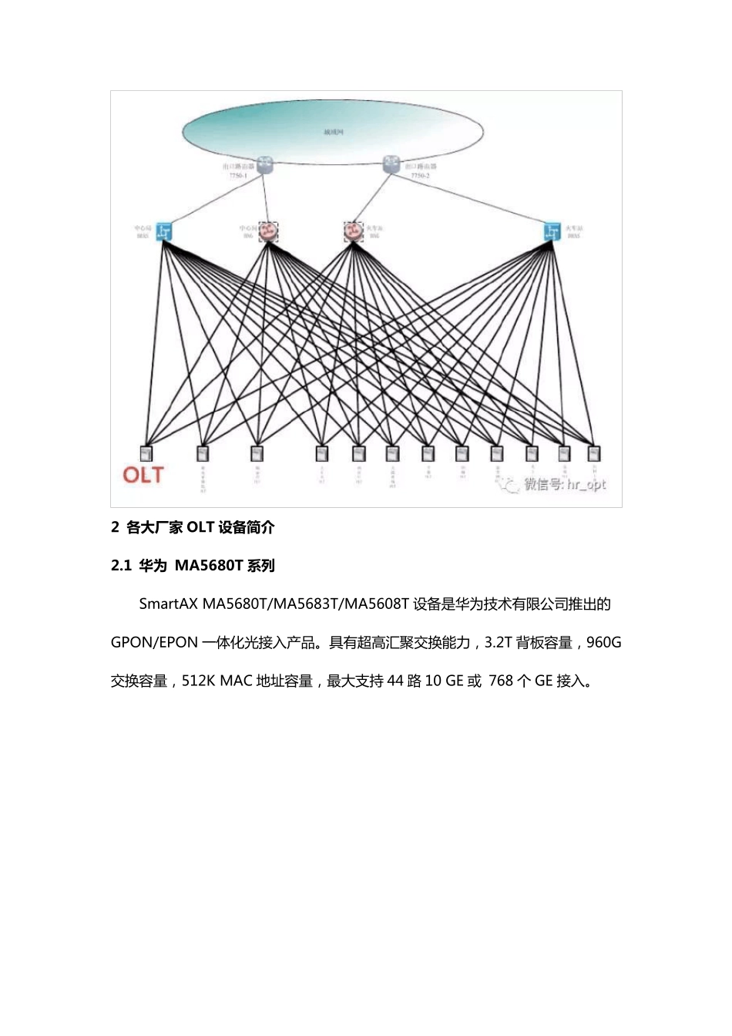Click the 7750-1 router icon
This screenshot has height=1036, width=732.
tap(266, 164)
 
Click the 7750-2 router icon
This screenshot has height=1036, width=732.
tap(392, 164)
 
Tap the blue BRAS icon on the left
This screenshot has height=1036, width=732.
tap(163, 231)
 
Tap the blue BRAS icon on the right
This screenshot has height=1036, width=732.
tap(552, 231)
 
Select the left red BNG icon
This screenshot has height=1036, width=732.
tap(268, 231)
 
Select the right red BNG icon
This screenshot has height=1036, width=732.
tap(353, 231)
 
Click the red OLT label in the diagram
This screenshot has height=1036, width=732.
tap(143, 474)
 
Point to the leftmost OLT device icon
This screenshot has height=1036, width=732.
tap(146, 453)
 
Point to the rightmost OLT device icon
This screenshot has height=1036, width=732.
tap(593, 453)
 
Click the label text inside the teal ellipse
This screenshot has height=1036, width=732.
tap(333, 132)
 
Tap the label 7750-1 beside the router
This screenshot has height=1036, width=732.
tap(238, 177)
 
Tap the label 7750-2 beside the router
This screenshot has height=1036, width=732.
tap(421, 177)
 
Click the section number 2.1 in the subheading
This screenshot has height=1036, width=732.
tap(122, 566)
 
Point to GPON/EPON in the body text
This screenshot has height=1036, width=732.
tap(154, 642)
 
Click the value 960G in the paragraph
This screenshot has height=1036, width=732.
tap(604, 642)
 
